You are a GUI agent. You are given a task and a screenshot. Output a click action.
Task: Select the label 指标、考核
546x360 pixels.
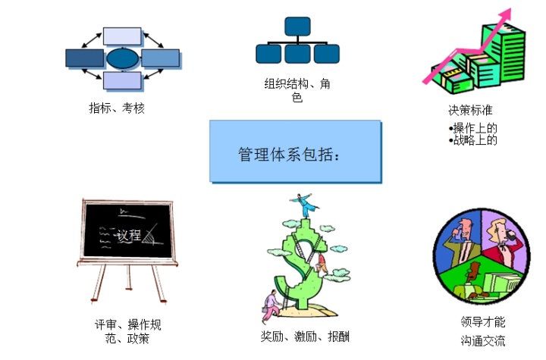click(x=117, y=108)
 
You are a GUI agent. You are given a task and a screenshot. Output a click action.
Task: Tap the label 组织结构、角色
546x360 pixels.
click(x=297, y=90)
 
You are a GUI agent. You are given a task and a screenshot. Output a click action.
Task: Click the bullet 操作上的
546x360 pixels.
click(x=475, y=127)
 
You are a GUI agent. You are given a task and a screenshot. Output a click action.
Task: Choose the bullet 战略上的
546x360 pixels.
click(x=475, y=139)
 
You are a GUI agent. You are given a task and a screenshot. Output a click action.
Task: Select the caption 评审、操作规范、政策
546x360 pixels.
click(x=128, y=331)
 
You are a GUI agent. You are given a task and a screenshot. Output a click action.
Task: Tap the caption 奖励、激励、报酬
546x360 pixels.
click(x=304, y=337)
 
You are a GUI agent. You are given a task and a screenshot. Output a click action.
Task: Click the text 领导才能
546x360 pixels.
click(x=482, y=322)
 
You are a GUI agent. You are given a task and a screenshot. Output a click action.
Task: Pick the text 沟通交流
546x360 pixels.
click(x=482, y=340)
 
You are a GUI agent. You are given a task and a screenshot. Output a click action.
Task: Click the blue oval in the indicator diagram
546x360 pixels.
click(x=123, y=58)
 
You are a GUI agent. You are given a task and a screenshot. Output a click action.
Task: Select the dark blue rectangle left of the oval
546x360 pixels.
click(x=85, y=58)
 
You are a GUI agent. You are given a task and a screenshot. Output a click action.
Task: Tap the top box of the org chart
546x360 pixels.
click(x=297, y=27)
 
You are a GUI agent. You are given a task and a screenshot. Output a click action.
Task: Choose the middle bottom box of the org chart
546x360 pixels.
click(x=297, y=54)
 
